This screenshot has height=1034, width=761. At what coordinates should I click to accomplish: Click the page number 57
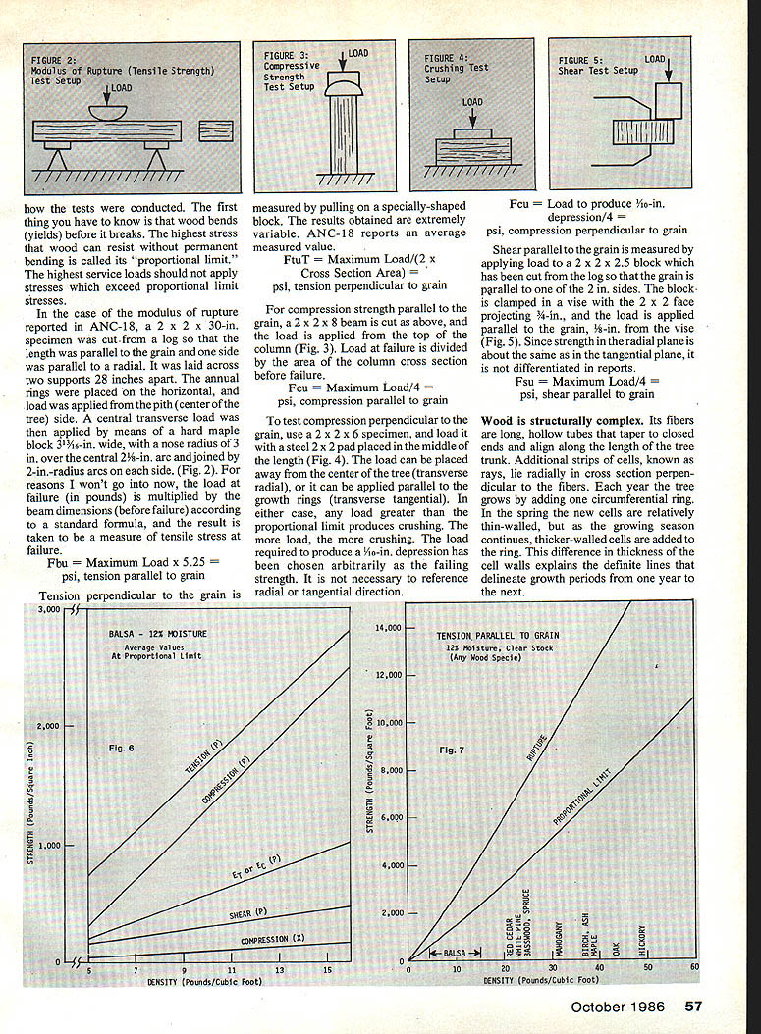[x=694, y=1006]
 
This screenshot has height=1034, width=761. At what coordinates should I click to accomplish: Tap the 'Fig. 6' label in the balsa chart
[x=123, y=748]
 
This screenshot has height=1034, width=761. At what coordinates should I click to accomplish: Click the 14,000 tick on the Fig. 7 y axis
[x=389, y=627]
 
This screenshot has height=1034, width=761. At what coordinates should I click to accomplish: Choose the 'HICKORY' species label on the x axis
[x=642, y=940]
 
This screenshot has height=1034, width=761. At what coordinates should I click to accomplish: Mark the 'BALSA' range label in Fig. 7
[x=455, y=953]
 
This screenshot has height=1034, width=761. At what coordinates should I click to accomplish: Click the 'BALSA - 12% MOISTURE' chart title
[x=158, y=635]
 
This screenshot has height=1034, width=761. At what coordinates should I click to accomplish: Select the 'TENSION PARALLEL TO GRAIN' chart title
[x=489, y=636]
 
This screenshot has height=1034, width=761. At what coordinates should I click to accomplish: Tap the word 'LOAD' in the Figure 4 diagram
[x=472, y=102]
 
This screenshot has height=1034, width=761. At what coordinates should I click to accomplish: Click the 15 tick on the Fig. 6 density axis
[x=326, y=971]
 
